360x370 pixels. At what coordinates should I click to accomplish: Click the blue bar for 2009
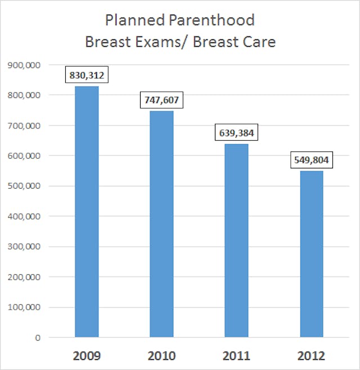tap(87, 211)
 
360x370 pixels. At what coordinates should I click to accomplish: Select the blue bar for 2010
tap(161, 224)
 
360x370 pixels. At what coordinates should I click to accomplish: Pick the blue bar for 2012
tap(311, 253)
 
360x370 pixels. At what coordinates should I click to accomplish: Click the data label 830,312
tap(87, 75)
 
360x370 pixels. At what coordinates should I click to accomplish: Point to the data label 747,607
tap(161, 101)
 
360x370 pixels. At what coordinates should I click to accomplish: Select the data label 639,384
tap(236, 133)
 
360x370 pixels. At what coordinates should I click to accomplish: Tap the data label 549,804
tap(311, 161)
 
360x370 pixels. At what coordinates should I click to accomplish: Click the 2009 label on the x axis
tap(87, 356)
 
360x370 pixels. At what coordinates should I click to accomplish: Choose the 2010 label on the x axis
tap(161, 356)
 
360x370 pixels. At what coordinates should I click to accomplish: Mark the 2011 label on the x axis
tap(236, 356)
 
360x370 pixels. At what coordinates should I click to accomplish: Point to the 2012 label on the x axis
tap(311, 356)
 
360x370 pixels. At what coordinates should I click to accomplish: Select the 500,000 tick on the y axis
tap(25, 186)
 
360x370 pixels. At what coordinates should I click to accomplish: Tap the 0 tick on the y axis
tap(38, 337)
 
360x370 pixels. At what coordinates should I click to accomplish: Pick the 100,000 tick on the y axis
tap(25, 307)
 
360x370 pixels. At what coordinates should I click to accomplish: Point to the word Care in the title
tap(258, 42)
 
